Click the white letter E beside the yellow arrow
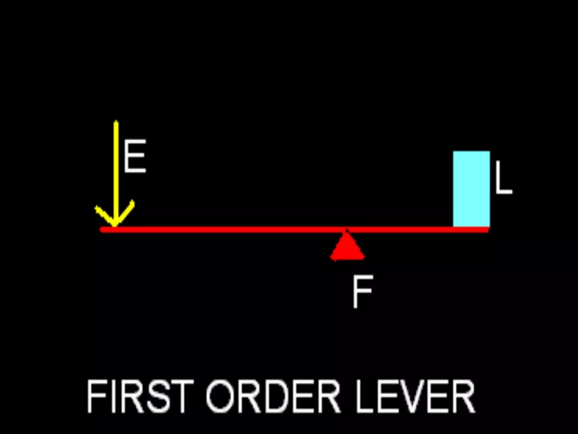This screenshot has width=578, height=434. [135, 156]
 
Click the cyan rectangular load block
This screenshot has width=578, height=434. [471, 189]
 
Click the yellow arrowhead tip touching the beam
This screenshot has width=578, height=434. [115, 225]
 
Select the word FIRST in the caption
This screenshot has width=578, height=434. [140, 396]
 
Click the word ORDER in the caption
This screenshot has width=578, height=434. [273, 396]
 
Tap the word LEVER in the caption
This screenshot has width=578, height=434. [415, 396]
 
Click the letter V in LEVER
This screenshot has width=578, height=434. [416, 396]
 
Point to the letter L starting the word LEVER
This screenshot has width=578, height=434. [364, 396]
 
